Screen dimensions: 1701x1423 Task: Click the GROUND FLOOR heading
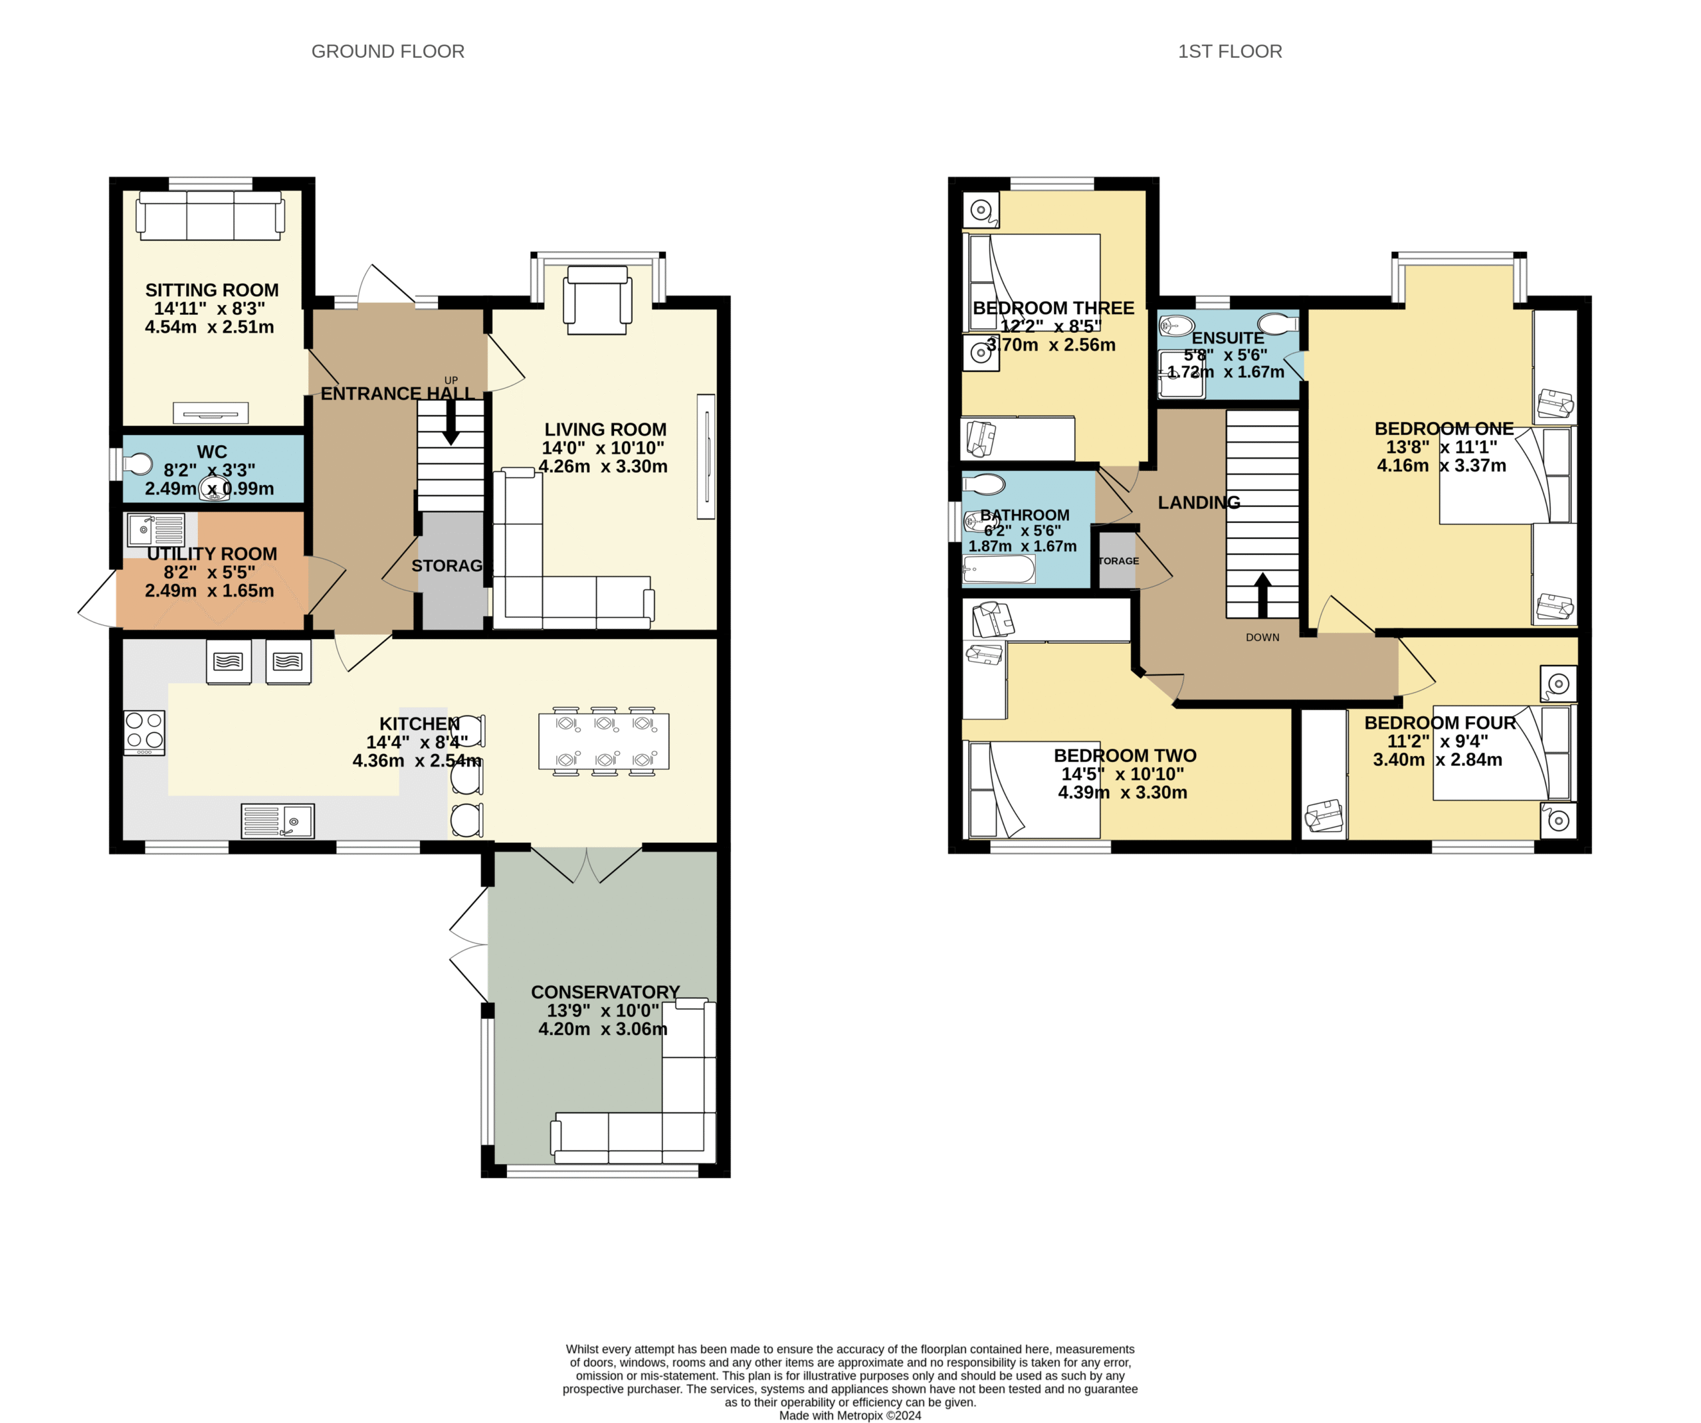pyautogui.click(x=388, y=52)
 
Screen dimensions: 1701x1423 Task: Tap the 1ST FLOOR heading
pyautogui.click(x=1230, y=52)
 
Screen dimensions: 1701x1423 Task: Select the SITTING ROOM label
pyautogui.click(x=212, y=290)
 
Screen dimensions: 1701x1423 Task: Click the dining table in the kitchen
pyautogui.click(x=604, y=740)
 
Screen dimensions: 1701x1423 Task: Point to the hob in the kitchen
pyautogui.click(x=144, y=732)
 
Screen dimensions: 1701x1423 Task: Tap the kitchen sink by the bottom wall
pyautogui.click(x=278, y=821)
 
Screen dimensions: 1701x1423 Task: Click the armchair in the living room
pyautogui.click(x=598, y=300)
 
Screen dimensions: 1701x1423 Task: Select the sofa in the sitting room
pyautogui.click(x=211, y=215)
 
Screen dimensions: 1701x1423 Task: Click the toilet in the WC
pyautogui.click(x=138, y=465)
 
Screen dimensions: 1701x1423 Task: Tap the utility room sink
pyautogui.click(x=156, y=529)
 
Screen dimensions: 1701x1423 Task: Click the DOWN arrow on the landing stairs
pyautogui.click(x=1262, y=595)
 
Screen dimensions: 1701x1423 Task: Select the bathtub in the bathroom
pyautogui.click(x=999, y=569)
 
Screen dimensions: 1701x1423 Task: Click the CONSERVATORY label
pyautogui.click(x=605, y=992)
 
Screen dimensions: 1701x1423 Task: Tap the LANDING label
pyautogui.click(x=1199, y=503)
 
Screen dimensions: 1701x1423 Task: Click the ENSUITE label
pyautogui.click(x=1228, y=337)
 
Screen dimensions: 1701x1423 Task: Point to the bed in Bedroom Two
pyautogui.click(x=1035, y=790)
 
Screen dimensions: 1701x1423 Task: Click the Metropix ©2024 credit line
pyautogui.click(x=850, y=1416)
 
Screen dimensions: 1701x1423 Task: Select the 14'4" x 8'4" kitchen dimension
pyautogui.click(x=417, y=742)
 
